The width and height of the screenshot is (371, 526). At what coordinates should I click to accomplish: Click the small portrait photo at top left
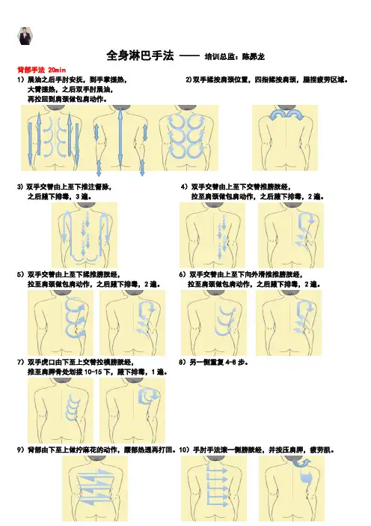pyautogui.click(x=25, y=36)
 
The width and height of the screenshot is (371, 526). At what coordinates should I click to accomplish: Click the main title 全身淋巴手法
pyautogui.click(x=141, y=55)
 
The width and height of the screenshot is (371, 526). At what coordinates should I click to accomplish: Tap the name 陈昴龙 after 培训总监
pyautogui.click(x=254, y=57)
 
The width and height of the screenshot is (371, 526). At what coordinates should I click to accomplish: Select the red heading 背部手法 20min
pyautogui.click(x=42, y=70)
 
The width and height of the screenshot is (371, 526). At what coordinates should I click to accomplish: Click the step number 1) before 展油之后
pyautogui.click(x=21, y=80)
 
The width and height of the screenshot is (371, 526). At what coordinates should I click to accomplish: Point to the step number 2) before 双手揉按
pyautogui.click(x=188, y=80)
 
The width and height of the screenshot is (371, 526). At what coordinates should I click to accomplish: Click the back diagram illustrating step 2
pyautogui.click(x=285, y=138)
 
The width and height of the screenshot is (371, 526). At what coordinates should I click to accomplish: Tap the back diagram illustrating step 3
pyautogui.click(x=85, y=235)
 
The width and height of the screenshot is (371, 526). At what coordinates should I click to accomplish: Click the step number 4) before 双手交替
pyautogui.click(x=184, y=187)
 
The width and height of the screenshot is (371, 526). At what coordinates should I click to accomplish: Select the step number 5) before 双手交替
pyautogui.click(x=20, y=275)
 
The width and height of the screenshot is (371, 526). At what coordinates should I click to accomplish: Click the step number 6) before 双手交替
pyautogui.click(x=183, y=275)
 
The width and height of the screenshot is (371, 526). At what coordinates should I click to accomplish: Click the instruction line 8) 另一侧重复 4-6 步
pyautogui.click(x=214, y=363)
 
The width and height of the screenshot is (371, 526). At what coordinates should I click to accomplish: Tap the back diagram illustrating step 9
pyautogui.click(x=95, y=488)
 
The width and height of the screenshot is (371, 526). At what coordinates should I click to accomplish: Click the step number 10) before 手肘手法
pyautogui.click(x=185, y=450)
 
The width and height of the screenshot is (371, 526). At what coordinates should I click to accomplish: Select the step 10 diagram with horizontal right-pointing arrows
pyautogui.click(x=214, y=488)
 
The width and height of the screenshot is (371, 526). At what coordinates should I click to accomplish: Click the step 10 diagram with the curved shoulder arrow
pyautogui.click(x=292, y=488)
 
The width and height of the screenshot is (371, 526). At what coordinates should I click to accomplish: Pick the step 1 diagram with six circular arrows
pyautogui.click(x=188, y=138)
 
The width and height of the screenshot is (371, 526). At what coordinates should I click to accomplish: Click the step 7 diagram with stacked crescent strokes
pyautogui.click(x=61, y=411)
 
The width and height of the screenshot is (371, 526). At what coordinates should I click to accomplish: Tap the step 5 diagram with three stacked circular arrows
pyautogui.click(x=61, y=323)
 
